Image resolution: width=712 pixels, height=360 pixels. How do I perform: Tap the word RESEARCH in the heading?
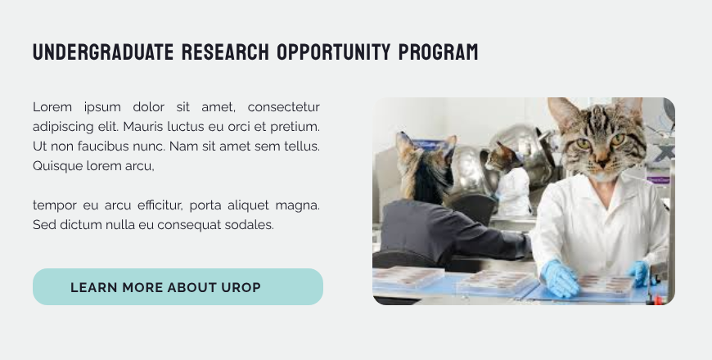point(224,53)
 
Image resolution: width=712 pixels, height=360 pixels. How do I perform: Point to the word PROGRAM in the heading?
point(438,53)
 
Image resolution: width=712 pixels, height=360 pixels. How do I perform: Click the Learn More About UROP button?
point(178,287)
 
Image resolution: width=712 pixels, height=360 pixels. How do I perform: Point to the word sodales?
point(250,224)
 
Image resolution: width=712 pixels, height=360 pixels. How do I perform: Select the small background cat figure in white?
point(511,184)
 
